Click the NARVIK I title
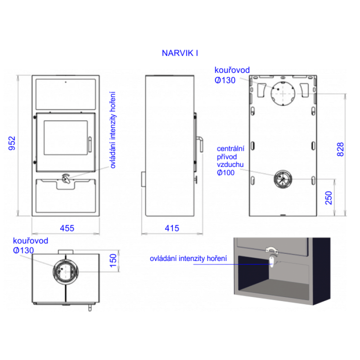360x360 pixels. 180,53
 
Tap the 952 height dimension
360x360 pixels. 12,143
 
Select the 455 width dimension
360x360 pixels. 67,228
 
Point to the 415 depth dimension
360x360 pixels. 172,228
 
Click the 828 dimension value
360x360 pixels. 340,149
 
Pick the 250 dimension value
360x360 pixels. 329,198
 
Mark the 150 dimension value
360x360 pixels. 113,261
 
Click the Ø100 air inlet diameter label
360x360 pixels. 226,173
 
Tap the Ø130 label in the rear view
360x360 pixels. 225,80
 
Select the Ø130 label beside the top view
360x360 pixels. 23,250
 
